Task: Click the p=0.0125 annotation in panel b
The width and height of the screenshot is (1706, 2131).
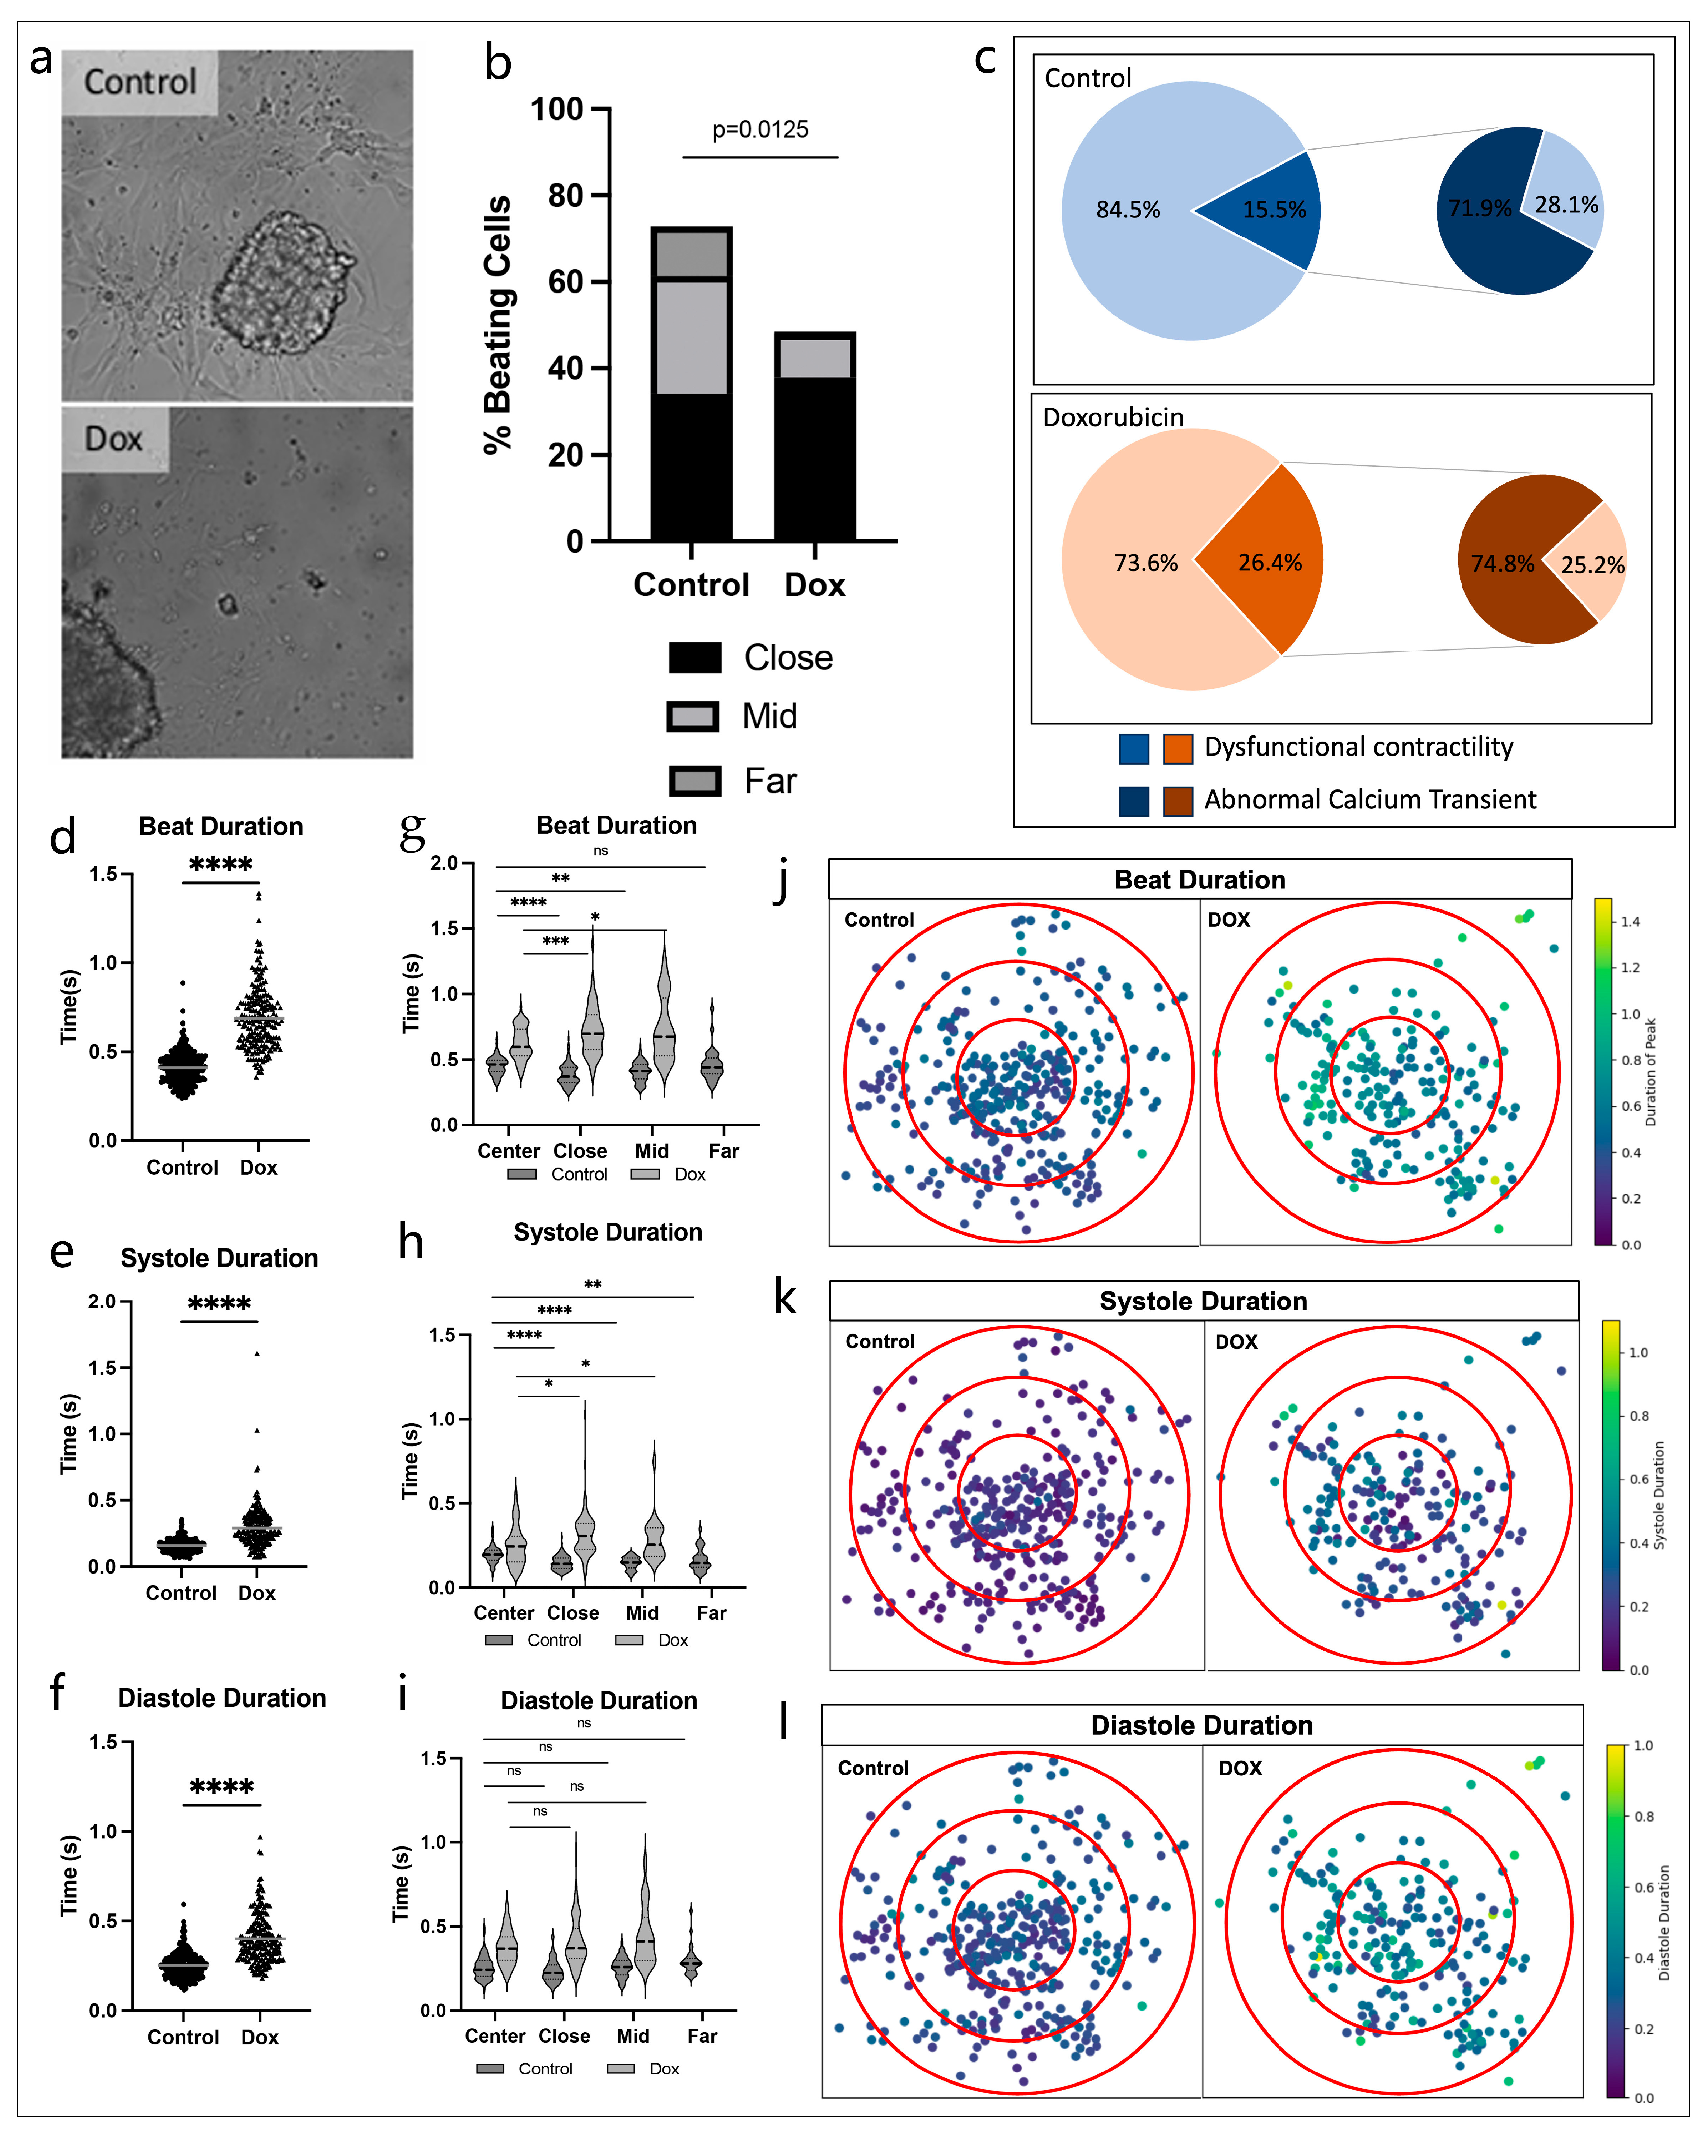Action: [760, 130]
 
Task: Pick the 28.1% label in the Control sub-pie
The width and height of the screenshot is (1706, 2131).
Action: [1567, 205]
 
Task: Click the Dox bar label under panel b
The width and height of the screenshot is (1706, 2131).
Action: [814, 585]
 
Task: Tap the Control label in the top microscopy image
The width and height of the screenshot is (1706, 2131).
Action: [139, 82]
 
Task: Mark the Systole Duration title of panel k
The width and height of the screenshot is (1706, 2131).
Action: [1203, 1301]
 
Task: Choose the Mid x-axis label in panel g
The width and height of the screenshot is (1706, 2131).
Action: [651, 1150]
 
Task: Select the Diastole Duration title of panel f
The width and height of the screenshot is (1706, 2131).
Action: [221, 1698]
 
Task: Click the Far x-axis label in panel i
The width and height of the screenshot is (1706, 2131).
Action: [702, 2036]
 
